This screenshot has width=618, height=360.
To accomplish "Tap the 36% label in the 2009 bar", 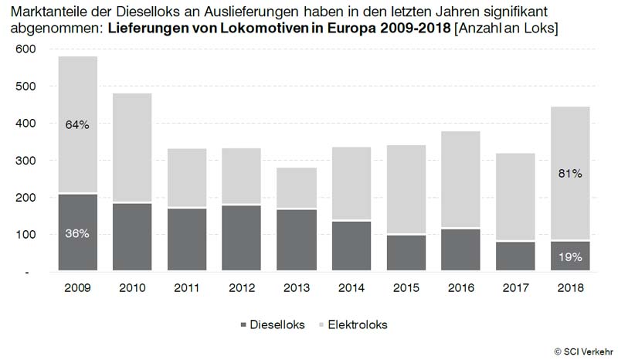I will point(77,234).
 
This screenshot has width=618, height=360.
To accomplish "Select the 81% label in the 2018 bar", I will point(570,174).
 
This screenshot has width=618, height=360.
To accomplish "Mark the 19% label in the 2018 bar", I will point(570,258).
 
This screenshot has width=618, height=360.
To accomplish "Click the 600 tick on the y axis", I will point(26,49).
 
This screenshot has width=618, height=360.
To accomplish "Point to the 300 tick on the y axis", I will point(26,161).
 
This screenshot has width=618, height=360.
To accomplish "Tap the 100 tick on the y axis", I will point(26,235).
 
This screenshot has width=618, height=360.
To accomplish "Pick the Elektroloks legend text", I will point(356,325).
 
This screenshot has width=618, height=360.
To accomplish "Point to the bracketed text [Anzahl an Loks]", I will point(507,29).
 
